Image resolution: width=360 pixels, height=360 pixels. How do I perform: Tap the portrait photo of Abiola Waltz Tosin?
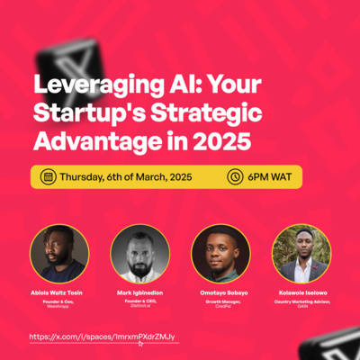click(59, 254)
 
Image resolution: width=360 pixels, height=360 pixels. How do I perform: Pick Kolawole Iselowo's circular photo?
click(301, 254)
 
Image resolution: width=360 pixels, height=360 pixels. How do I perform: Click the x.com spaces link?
click(102, 336)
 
